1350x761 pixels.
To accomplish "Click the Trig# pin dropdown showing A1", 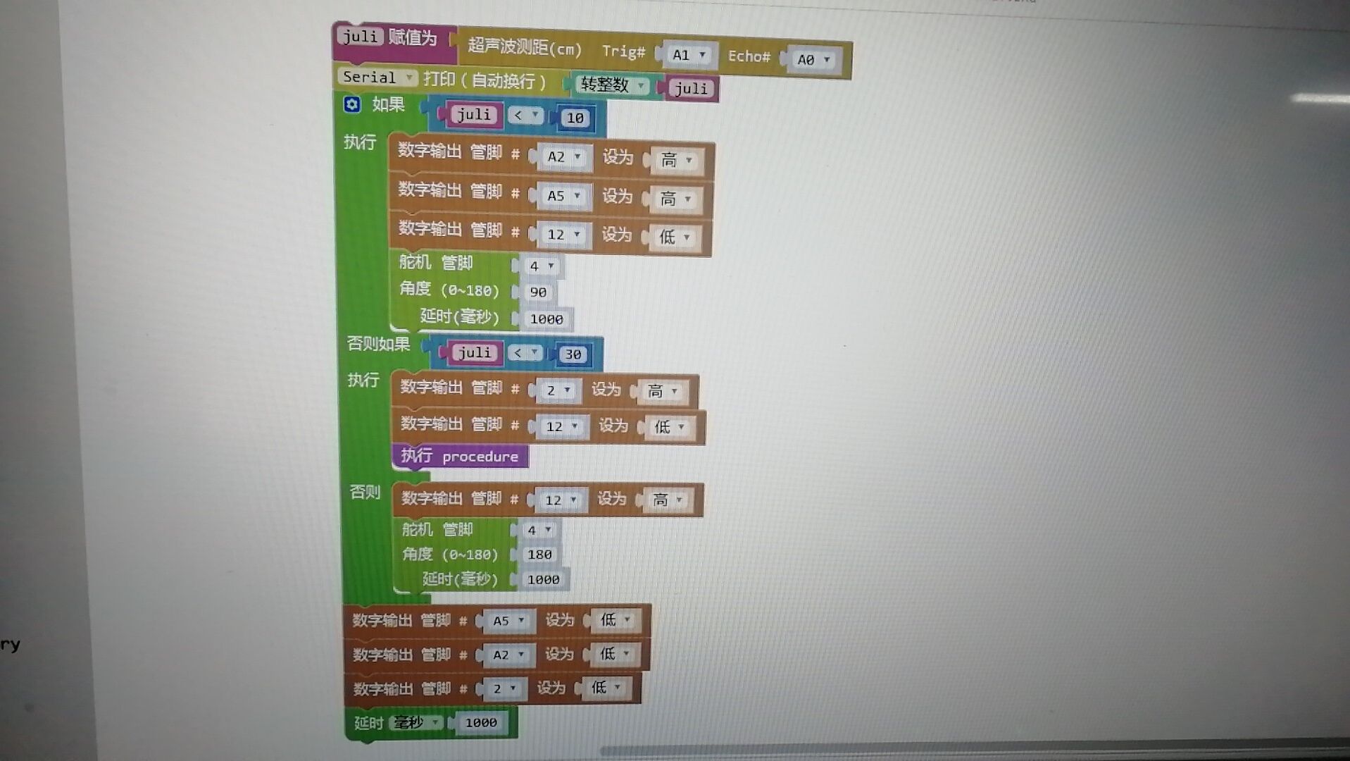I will point(687,55).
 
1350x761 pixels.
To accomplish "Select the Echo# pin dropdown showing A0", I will point(813,60).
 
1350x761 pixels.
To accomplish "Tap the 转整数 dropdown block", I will point(611,85).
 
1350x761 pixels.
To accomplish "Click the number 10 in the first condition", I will point(575,118).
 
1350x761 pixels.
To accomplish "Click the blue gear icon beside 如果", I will point(352,104).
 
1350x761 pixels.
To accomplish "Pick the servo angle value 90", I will point(538,292).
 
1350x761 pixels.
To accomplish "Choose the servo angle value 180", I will point(539,555).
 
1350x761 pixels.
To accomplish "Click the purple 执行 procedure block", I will point(460,457).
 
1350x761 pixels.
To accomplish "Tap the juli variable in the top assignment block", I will point(360,36).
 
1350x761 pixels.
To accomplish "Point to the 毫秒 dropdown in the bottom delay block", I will point(416,722).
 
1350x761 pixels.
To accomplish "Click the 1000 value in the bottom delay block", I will point(481,722).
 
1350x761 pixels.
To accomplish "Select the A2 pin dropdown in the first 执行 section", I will point(563,156).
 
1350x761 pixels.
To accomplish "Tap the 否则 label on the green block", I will point(365,492).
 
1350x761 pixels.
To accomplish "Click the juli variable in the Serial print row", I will point(690,88).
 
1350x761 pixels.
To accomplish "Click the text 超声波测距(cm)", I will point(525,48).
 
